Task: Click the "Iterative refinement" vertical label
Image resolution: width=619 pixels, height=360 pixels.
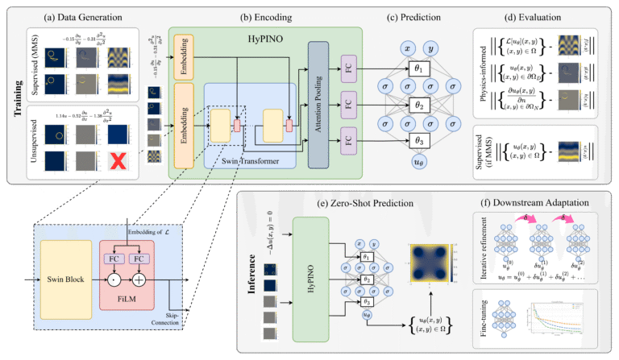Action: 481,251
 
